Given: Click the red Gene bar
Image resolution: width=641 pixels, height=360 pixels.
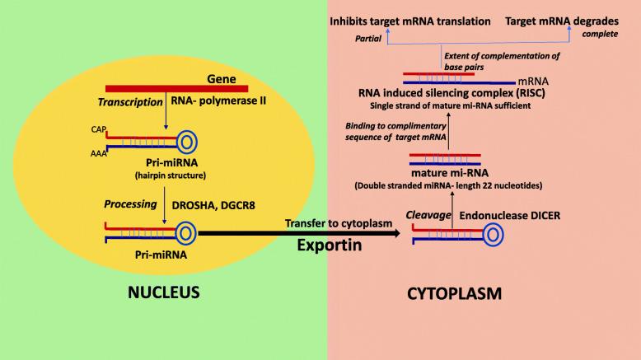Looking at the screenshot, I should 176,86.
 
